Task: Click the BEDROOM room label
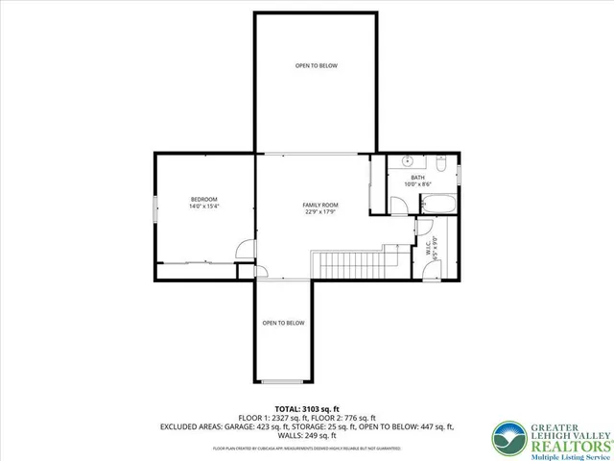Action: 204,199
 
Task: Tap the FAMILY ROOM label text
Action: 320,206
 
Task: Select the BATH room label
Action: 417,178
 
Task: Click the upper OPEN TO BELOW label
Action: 316,65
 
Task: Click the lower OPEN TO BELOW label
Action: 283,323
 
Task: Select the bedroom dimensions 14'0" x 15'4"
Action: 204,206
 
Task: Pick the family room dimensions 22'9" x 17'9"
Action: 320,212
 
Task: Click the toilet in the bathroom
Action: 442,161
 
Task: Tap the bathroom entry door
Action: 397,204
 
